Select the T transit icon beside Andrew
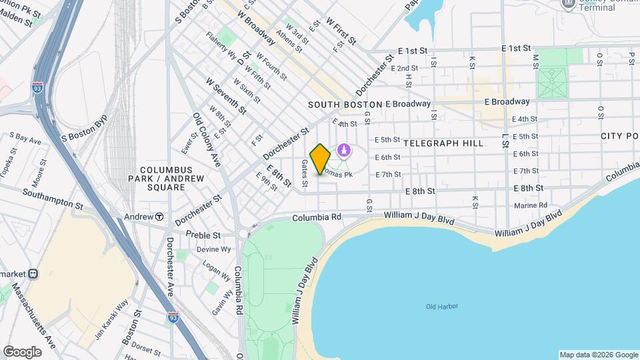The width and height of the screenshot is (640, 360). (x=160, y=217)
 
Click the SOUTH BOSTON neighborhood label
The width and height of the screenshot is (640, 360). (x=345, y=105)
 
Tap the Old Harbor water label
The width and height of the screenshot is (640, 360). (x=442, y=307)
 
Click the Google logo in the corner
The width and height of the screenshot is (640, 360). (x=22, y=351)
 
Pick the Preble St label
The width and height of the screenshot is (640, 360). (x=203, y=235)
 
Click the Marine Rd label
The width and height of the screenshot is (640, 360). (x=530, y=205)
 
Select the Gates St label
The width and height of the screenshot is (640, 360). (x=305, y=173)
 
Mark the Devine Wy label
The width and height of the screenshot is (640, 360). (x=213, y=249)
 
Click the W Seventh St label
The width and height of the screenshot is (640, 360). (x=226, y=95)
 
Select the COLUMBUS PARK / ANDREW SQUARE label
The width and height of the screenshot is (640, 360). (x=157, y=179)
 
